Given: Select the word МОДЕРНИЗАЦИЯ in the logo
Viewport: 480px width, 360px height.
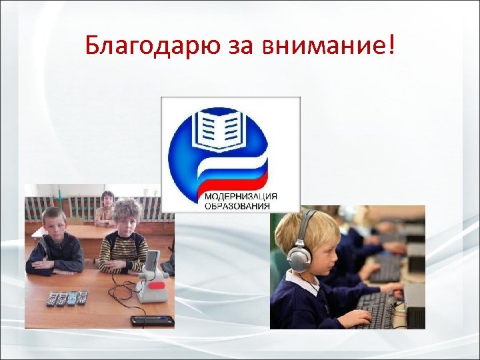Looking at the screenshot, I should (241, 197).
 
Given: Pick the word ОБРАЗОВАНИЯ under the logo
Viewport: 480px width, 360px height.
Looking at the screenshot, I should (237, 206).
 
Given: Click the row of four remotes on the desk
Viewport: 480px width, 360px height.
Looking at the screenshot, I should (67, 298).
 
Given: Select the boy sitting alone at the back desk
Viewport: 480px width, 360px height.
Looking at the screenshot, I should (105, 208).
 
